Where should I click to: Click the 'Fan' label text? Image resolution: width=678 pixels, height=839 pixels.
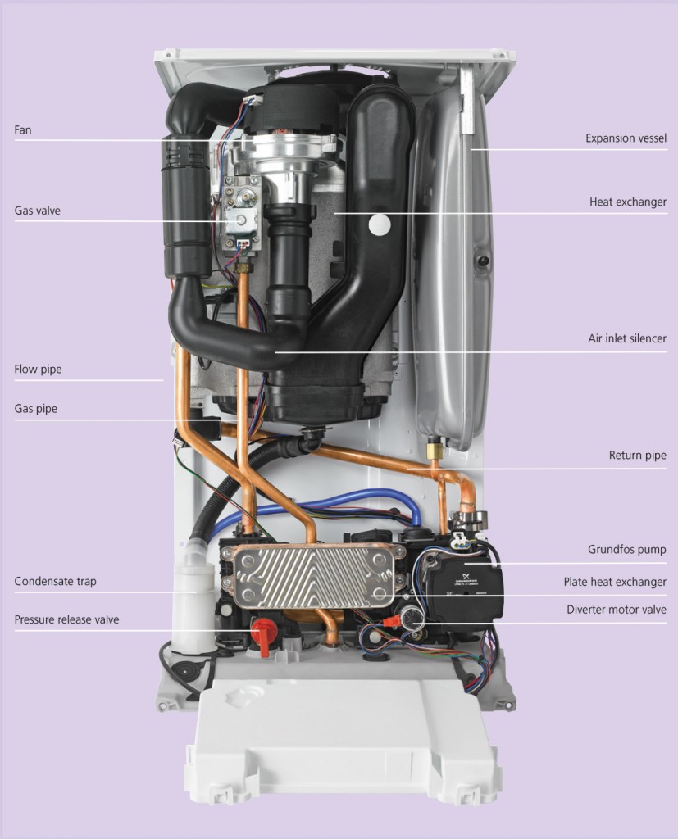pos(22,130)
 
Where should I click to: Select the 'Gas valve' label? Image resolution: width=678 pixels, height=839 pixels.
pos(37,211)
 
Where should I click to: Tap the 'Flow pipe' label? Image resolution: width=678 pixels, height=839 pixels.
pos(38,370)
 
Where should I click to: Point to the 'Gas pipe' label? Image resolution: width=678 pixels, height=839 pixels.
pos(35,409)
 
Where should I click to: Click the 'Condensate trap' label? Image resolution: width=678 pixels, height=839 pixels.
pos(55,581)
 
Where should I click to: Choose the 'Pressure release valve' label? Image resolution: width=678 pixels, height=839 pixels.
pos(66,619)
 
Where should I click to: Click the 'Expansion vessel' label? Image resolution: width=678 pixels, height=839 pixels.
pos(626,138)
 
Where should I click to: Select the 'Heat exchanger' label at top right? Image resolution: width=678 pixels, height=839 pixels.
pos(628,202)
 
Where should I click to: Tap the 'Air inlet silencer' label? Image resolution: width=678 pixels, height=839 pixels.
pos(627,338)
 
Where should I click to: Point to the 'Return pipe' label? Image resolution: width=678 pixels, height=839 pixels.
pos(637,456)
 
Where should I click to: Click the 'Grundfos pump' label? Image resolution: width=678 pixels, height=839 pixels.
pos(626,550)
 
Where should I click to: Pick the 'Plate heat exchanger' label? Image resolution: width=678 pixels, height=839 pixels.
pos(615,582)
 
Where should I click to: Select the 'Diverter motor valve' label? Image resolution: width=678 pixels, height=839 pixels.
pos(617,610)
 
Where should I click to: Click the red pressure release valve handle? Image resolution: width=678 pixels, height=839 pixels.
pos(262,635)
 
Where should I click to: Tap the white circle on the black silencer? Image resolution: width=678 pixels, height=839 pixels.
pos(380,224)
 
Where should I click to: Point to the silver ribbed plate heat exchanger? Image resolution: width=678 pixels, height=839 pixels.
pos(312,577)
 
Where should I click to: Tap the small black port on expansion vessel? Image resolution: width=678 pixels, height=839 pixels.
pos(483,261)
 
